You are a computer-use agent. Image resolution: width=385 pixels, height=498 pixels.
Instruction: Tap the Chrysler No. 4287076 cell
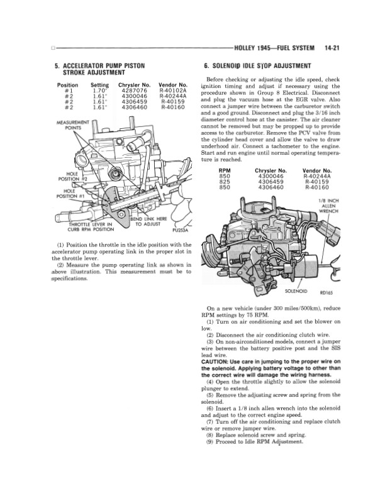click(x=133, y=90)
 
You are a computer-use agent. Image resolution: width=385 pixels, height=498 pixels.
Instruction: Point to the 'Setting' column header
click(x=100, y=84)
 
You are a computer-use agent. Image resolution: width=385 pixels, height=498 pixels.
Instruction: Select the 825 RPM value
click(x=223, y=181)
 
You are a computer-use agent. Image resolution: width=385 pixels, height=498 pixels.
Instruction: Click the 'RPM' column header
click(x=223, y=170)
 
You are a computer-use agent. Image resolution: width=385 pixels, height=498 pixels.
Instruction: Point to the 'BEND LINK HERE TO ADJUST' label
click(x=150, y=222)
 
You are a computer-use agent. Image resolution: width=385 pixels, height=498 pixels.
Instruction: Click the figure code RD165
click(x=327, y=292)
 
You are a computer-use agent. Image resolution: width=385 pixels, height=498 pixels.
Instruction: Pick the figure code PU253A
click(x=181, y=230)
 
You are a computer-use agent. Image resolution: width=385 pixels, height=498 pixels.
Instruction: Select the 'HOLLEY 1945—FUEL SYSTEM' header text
click(x=277, y=47)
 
